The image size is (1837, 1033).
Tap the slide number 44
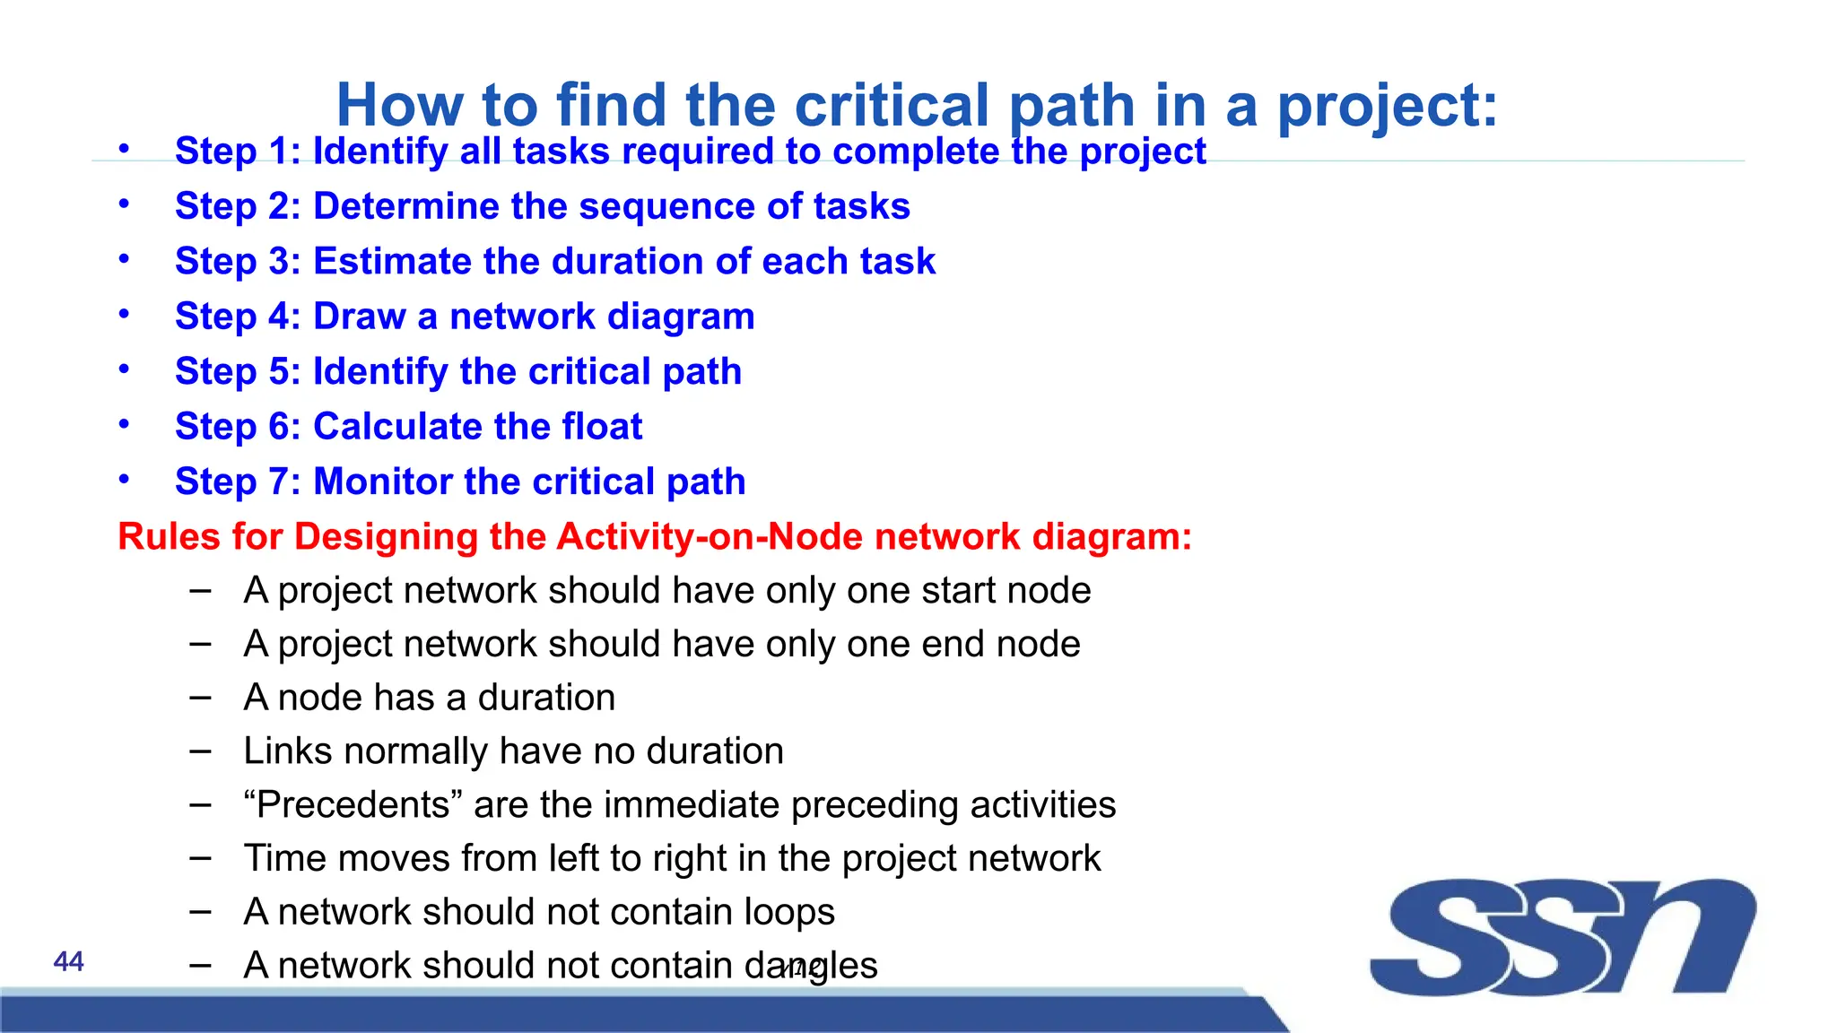click(x=69, y=962)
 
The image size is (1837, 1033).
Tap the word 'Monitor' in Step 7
click(x=382, y=482)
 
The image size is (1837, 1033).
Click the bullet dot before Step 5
click(x=125, y=369)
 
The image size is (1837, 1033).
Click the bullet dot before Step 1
click(x=125, y=148)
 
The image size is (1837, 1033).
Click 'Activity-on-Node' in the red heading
click(x=711, y=537)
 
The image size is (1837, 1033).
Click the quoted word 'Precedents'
click(x=353, y=805)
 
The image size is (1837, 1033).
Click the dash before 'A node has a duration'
click(x=201, y=698)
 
